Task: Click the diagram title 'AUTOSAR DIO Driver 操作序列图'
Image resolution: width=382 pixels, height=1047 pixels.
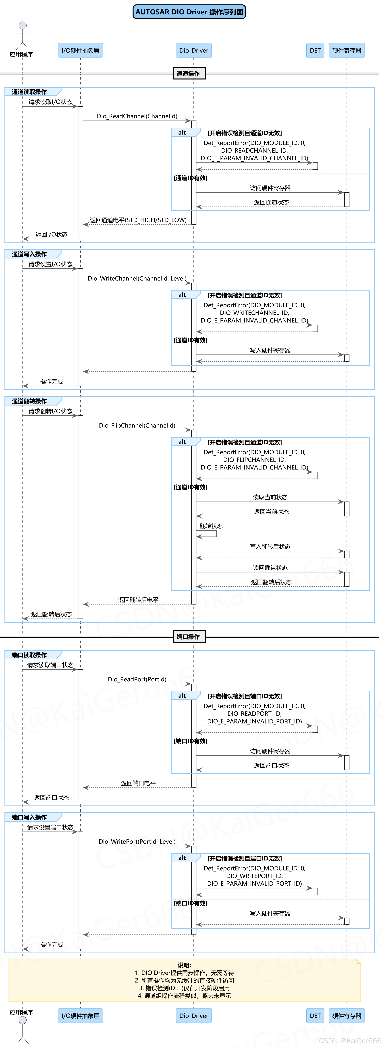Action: tap(189, 12)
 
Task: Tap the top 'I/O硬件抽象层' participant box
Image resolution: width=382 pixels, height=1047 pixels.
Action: tap(80, 50)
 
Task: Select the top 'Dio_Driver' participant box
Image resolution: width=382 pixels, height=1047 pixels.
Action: tap(194, 50)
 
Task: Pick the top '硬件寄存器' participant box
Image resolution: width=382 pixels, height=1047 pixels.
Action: tap(347, 50)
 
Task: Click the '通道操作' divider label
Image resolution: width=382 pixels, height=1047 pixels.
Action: tap(189, 74)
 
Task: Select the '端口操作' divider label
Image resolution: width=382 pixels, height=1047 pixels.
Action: tap(189, 637)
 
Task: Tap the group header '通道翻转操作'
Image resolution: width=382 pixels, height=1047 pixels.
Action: tap(29, 401)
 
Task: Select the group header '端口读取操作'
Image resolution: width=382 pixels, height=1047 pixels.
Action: tap(29, 655)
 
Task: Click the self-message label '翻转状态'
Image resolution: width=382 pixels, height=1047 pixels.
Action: tap(211, 526)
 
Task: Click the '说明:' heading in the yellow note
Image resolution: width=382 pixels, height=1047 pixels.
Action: tap(184, 965)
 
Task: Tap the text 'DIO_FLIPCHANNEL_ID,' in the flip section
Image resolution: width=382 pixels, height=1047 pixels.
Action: tap(254, 460)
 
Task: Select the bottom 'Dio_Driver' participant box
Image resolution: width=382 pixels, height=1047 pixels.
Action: tap(194, 1016)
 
